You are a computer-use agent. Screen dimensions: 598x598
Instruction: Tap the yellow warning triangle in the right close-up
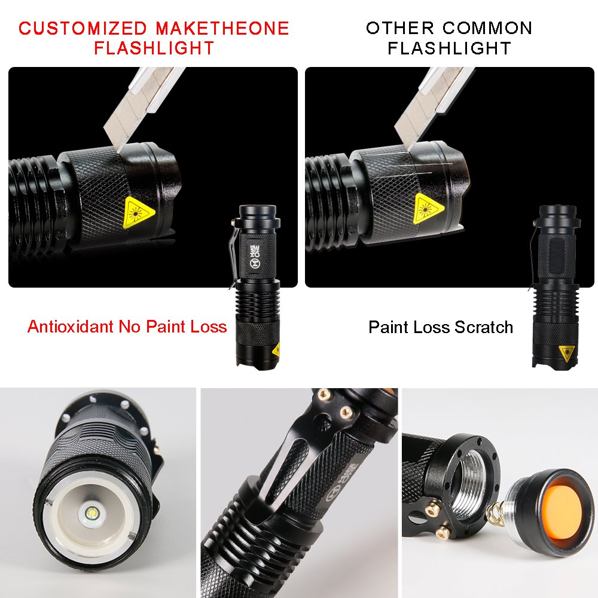(429, 206)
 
